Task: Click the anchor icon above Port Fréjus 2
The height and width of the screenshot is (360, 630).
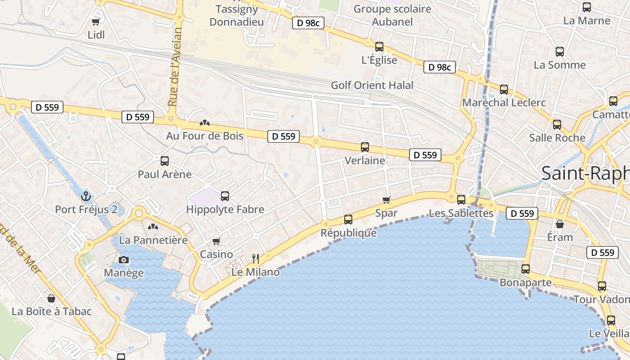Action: [85, 196]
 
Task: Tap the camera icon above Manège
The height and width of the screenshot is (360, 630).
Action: [124, 260]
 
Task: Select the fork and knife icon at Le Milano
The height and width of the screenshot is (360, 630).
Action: [256, 258]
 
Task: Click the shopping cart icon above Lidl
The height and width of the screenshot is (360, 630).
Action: [95, 22]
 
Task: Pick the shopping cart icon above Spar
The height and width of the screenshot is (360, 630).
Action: [386, 200]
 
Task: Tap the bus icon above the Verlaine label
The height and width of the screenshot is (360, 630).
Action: [365, 147]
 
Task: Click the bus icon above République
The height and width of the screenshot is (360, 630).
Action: [348, 220]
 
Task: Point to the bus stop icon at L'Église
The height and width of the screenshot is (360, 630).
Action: [379, 47]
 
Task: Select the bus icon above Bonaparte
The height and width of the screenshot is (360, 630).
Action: [526, 269]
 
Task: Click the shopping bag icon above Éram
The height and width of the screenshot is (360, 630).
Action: [560, 224]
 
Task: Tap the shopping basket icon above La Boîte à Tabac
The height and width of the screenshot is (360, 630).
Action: [51, 298]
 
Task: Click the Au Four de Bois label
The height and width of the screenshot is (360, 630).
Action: [205, 136]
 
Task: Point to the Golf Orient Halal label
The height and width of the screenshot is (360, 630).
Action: [372, 85]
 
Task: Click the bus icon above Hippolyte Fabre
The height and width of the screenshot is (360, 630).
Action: [225, 196]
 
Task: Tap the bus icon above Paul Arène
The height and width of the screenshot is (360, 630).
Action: [165, 161]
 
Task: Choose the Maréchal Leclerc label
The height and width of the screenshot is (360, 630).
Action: [504, 103]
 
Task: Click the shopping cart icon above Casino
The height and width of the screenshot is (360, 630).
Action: [216, 241]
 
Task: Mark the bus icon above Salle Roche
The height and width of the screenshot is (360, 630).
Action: [557, 125]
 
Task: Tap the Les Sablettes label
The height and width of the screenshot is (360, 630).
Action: [461, 213]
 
